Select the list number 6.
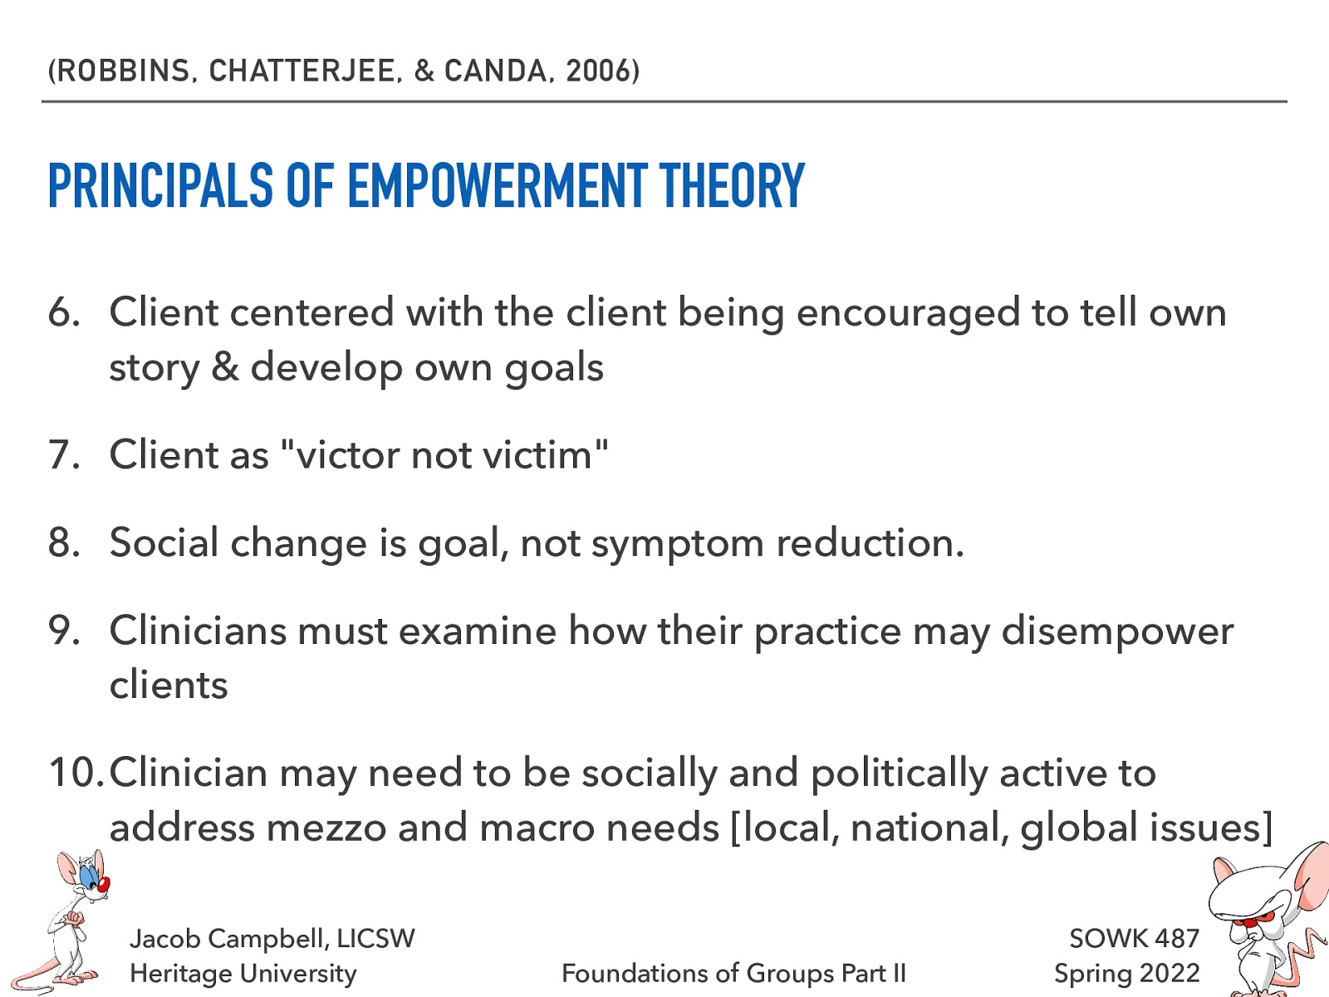(63, 313)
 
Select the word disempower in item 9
(1117, 631)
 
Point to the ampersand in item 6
(225, 367)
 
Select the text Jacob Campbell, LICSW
(272, 939)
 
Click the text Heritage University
(243, 974)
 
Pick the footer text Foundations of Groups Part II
(733, 974)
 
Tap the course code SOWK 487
(1134, 939)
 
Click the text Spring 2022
(1126, 974)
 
